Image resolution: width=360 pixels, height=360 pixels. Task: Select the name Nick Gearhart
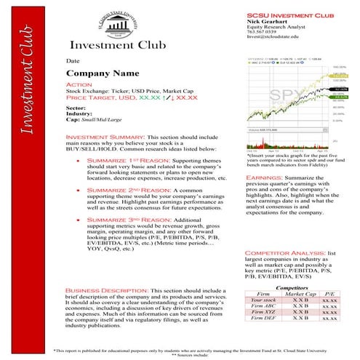(267, 22)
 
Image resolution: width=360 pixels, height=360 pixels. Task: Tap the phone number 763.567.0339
(263, 31)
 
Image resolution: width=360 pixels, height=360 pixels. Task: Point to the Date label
(73, 61)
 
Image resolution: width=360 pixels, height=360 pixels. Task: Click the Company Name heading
(102, 74)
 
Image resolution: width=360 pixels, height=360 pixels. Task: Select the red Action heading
(79, 85)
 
